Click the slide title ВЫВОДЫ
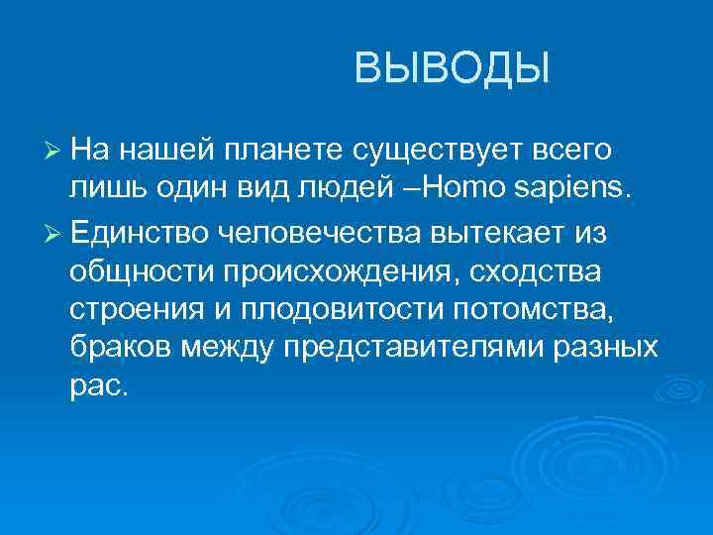[x=451, y=69]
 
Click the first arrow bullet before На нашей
[x=54, y=150]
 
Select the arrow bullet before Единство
[x=54, y=232]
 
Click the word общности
[x=142, y=269]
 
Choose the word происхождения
[x=338, y=271]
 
